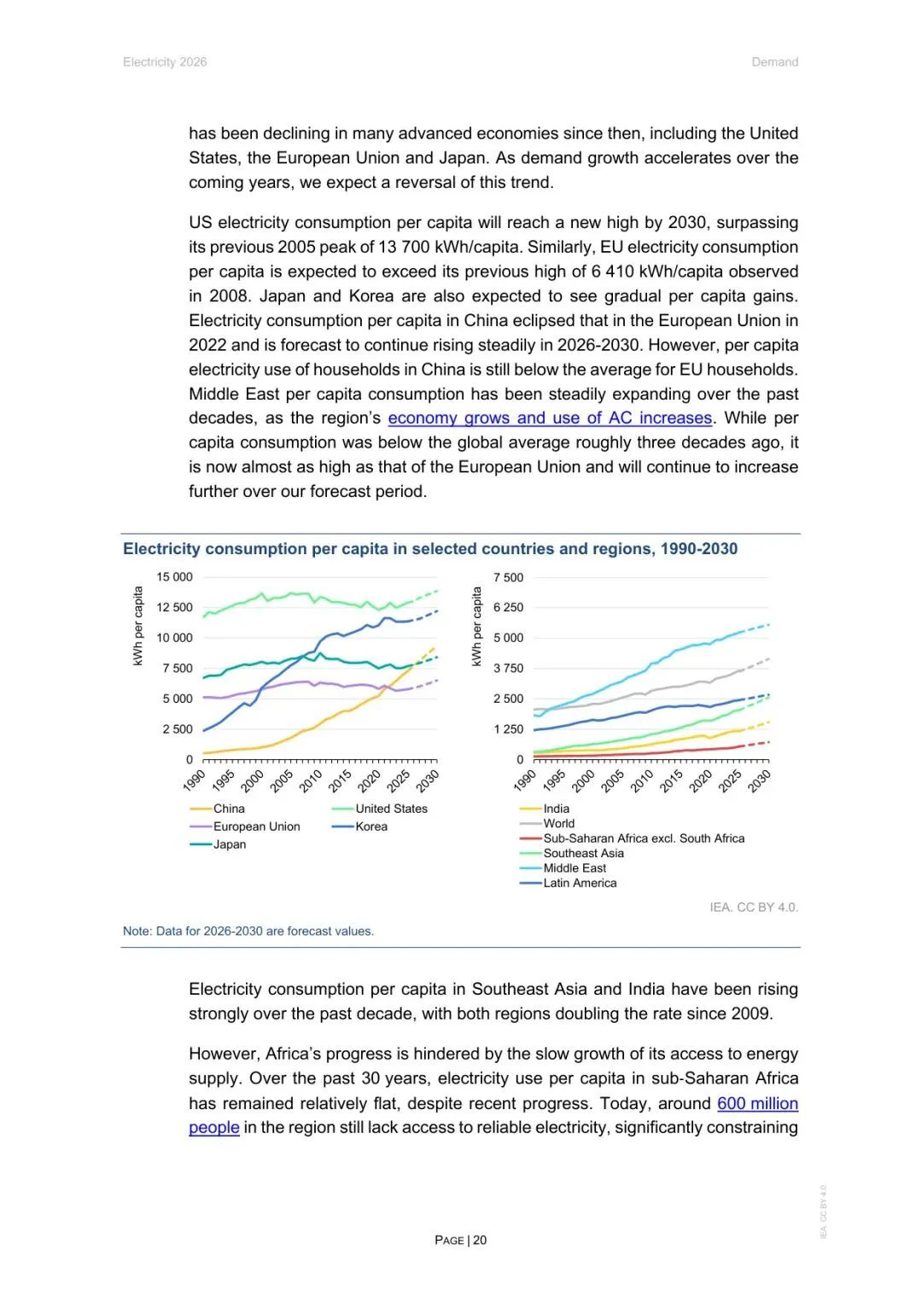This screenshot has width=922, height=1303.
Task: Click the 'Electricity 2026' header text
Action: [x=165, y=62]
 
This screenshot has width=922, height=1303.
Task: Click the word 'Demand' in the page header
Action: [x=774, y=62]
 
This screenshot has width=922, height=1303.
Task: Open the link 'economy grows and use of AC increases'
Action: [x=550, y=418]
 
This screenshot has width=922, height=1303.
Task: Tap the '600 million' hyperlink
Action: [x=757, y=1103]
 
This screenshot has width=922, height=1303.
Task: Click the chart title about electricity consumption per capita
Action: [x=430, y=549]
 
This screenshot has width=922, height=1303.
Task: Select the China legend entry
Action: [x=228, y=809]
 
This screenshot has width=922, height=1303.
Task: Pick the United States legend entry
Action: [x=391, y=809]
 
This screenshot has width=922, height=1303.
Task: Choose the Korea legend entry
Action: [x=371, y=827]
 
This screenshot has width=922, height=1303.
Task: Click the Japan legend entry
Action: [x=229, y=844]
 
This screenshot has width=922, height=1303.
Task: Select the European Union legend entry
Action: [x=256, y=827]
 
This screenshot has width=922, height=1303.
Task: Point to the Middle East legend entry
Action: [x=575, y=868]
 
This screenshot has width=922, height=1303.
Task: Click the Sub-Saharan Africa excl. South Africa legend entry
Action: [x=644, y=838]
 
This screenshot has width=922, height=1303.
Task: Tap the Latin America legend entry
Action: [x=580, y=883]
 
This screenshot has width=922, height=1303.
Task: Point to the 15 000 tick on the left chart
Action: [x=175, y=577]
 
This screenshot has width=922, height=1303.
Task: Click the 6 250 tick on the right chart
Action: [x=509, y=608]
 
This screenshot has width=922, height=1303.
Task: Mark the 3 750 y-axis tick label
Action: [x=509, y=669]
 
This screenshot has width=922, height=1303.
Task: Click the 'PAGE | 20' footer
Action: [x=461, y=1240]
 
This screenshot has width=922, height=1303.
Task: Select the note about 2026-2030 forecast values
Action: [x=248, y=932]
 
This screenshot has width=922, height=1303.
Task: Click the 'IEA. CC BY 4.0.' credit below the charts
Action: [x=754, y=908]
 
